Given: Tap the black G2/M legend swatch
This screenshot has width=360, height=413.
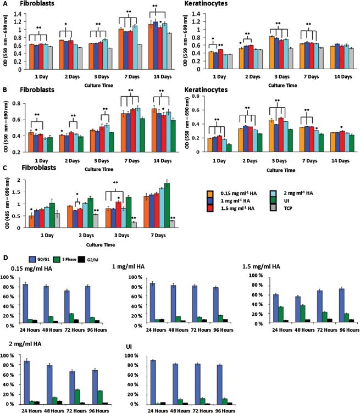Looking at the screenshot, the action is (x=82, y=259).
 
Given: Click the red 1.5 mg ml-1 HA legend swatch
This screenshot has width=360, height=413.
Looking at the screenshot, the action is (x=210, y=208).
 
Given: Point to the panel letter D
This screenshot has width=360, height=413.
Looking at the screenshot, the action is (x=5, y=257).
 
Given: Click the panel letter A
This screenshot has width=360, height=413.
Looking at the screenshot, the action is (x=5, y=4).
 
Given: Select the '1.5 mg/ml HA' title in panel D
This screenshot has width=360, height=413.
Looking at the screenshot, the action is (x=261, y=266).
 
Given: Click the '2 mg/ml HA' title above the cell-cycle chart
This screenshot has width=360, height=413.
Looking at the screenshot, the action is (x=25, y=344).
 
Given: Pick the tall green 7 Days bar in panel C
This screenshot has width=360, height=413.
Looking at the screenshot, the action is (x=167, y=205).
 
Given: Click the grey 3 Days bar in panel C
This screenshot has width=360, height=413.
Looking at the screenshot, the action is (x=134, y=225).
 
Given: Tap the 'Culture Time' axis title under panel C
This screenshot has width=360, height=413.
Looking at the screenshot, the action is (x=101, y=245).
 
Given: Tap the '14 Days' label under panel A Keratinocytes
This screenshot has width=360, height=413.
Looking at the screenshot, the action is (x=343, y=77).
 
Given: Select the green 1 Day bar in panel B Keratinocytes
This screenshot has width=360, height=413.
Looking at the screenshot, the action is (x=229, y=148).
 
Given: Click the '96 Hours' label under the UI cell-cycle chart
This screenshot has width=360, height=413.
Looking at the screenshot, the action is (x=225, y=411).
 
